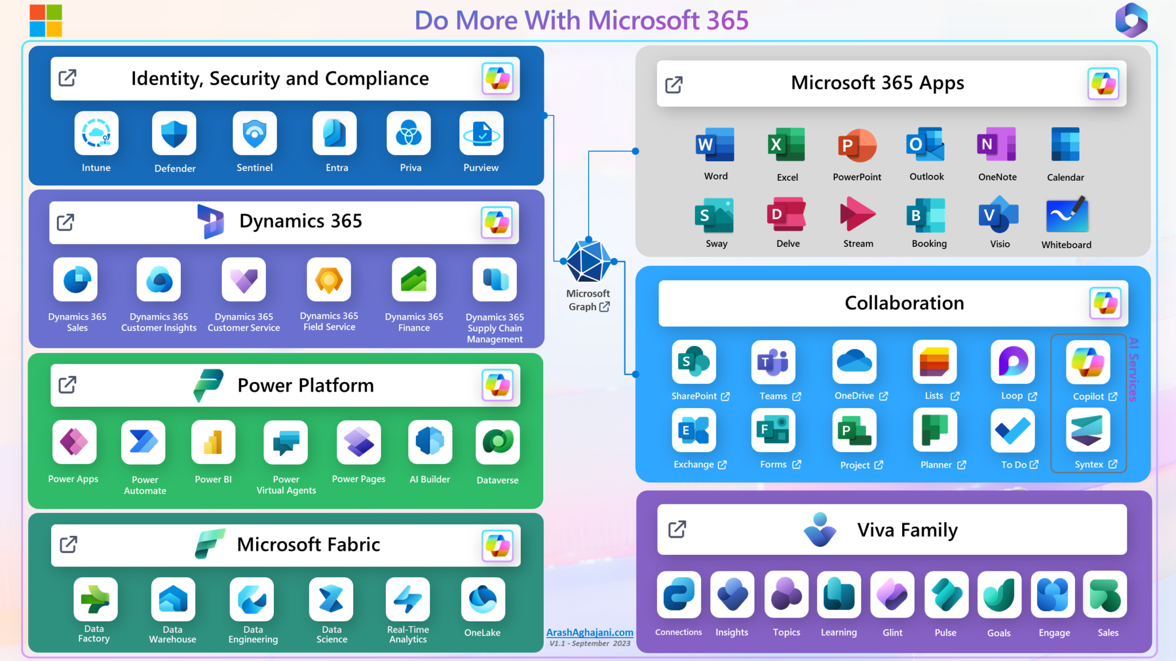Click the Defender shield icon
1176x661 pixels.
coord(174,134)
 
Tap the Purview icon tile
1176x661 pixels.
coord(481,134)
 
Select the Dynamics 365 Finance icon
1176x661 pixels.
coord(413,279)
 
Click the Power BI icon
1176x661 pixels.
coord(213,442)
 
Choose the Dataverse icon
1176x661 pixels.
coord(497,442)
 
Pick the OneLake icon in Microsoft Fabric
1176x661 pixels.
coord(482,599)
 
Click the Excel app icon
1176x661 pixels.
coord(787,145)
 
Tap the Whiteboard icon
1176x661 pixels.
coord(1066,215)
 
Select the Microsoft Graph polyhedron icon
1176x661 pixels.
coord(589,262)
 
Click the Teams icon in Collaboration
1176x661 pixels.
coord(773,362)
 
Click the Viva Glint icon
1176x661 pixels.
coord(892,594)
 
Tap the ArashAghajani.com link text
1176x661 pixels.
coord(590,632)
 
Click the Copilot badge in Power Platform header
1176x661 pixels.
coord(497,385)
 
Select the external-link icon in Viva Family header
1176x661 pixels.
coord(677,529)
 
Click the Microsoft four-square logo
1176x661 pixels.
coord(46,21)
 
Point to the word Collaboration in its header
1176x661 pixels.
coord(904,303)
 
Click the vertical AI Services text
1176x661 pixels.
coord(1133,369)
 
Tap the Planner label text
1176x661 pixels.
coord(935,465)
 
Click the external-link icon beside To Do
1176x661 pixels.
coord(1034,465)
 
